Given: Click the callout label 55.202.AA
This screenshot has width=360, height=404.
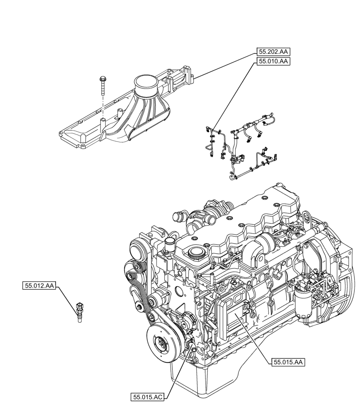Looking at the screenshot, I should pos(274,52).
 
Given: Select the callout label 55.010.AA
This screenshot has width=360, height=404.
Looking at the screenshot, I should pos(274,61).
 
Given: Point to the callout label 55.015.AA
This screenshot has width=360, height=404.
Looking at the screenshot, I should pos(287,362).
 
